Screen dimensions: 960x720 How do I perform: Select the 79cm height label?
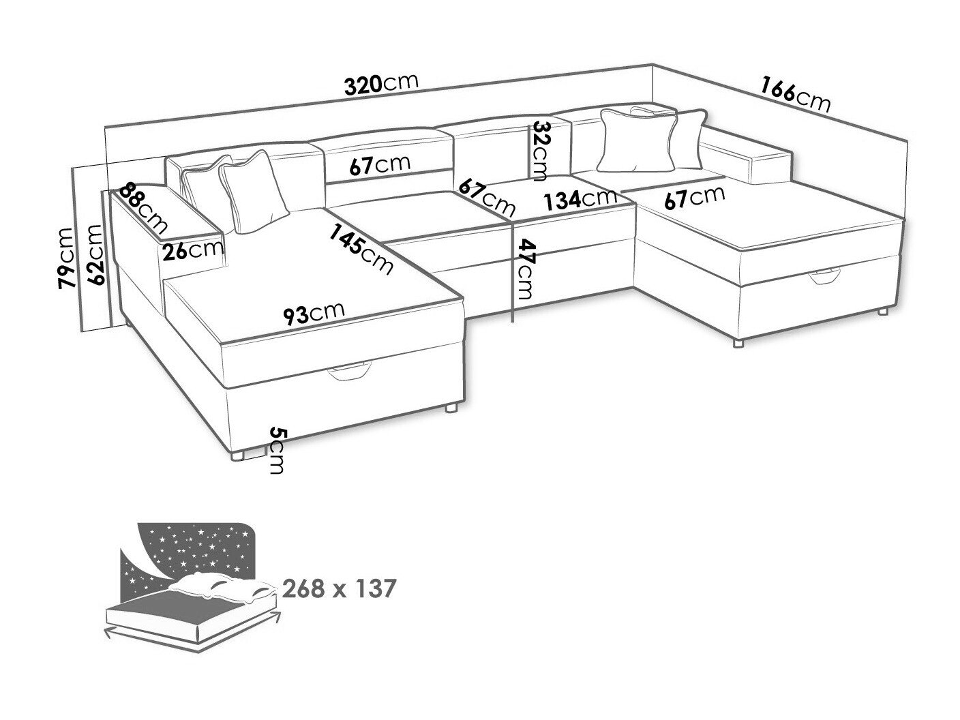(x=67, y=258)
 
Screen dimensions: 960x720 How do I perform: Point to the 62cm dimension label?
(x=96, y=255)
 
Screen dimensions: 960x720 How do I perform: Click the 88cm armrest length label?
(x=143, y=208)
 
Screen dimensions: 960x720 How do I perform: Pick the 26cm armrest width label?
(x=192, y=251)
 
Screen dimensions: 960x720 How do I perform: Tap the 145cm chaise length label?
(x=361, y=250)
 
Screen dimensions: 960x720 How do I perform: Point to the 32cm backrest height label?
(x=537, y=151)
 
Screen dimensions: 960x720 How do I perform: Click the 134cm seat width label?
(x=580, y=199)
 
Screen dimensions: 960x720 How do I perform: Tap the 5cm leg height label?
(x=276, y=451)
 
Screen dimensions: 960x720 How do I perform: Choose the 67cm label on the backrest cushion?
(x=380, y=165)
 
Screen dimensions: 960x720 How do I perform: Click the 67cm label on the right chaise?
(x=695, y=198)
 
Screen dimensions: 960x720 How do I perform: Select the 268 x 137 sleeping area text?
(x=339, y=588)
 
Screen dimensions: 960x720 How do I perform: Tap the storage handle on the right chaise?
(x=824, y=277)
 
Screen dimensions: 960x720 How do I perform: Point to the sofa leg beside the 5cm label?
(x=237, y=455)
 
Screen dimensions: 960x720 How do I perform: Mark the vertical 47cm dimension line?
(x=512, y=272)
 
